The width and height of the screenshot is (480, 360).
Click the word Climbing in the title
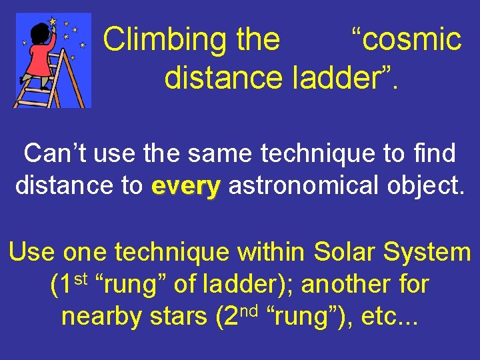tap(157, 40)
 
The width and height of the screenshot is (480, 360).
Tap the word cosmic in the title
tap(407, 40)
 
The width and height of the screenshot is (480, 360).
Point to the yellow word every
tap(186, 186)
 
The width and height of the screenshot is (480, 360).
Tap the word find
tap(433, 153)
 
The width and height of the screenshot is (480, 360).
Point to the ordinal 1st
tap(69, 283)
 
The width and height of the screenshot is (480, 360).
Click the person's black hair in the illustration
tap(39, 30)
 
